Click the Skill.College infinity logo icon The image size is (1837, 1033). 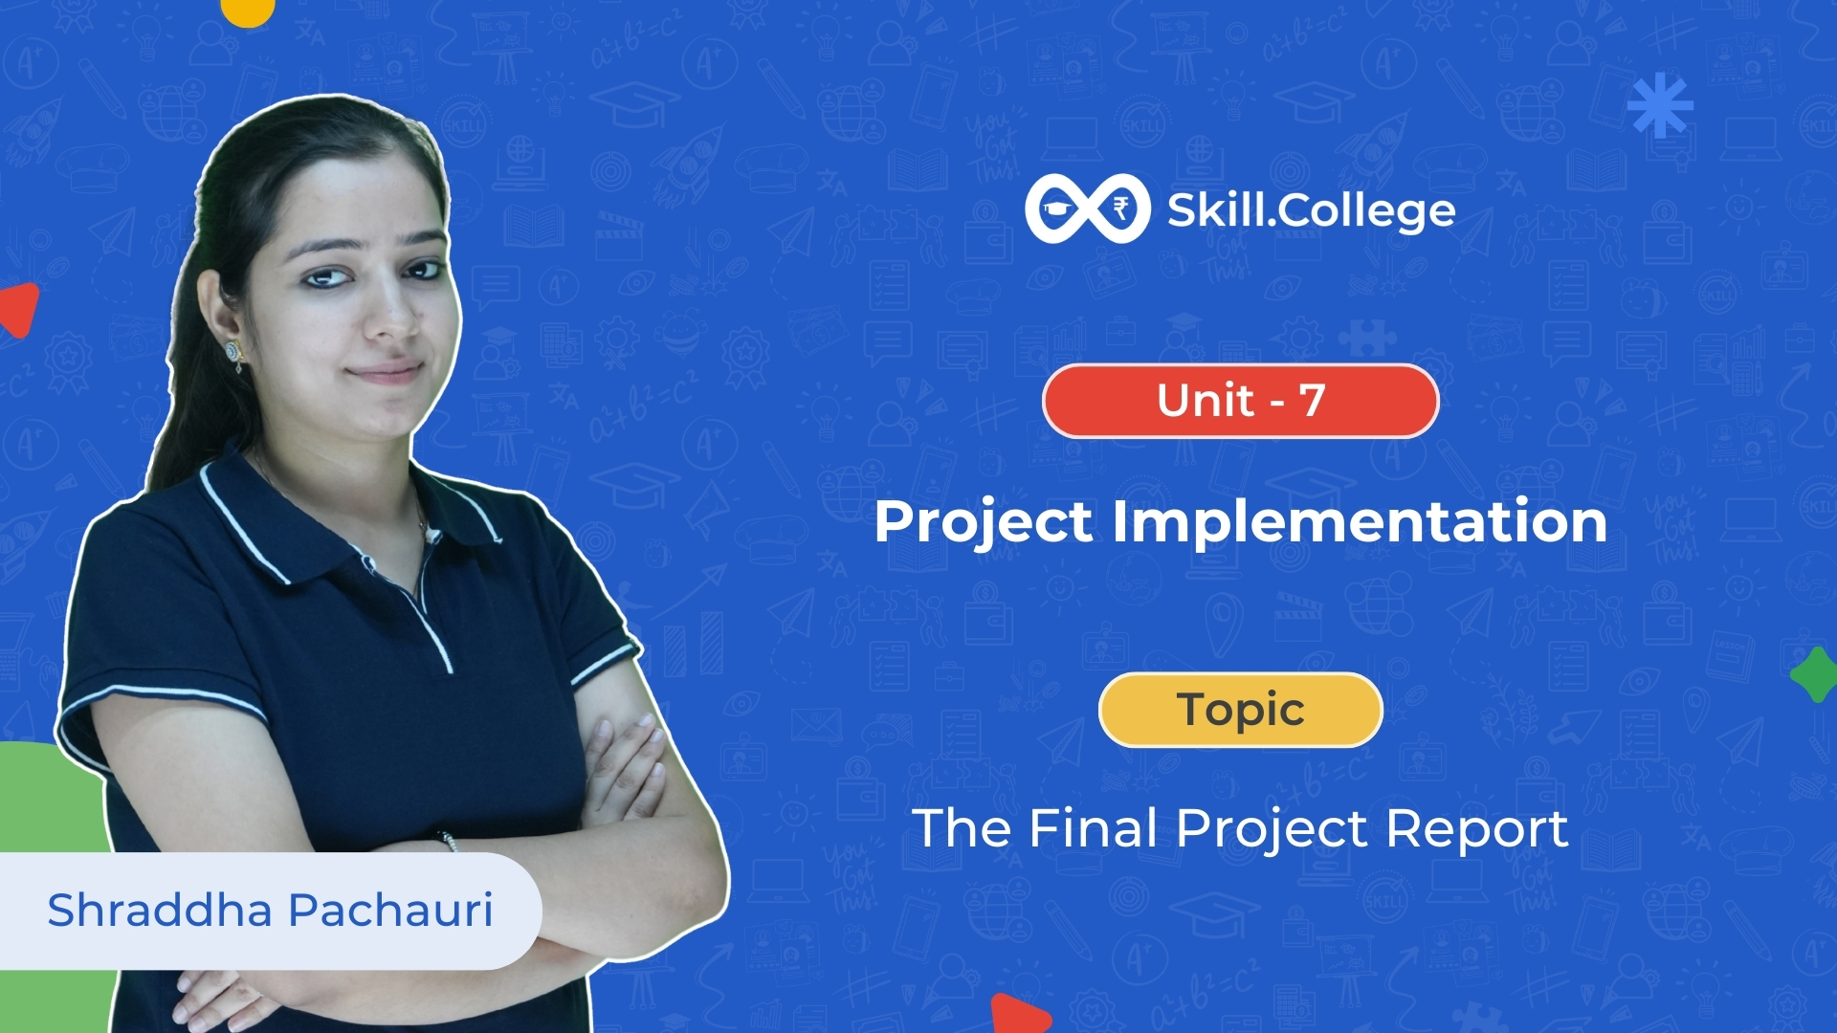1087,209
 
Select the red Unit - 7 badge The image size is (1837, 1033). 1241,401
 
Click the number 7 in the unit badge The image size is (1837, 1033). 1312,400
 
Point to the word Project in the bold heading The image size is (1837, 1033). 984,523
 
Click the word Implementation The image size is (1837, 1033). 1360,521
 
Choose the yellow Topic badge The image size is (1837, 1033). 1241,710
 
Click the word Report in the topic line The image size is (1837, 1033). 1477,828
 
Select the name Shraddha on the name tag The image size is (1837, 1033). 160,910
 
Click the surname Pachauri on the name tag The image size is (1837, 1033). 390,910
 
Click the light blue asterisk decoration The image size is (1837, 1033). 1660,105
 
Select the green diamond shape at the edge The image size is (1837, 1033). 1814,674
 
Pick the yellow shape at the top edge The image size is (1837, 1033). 248,11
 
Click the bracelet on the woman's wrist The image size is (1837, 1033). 448,841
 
